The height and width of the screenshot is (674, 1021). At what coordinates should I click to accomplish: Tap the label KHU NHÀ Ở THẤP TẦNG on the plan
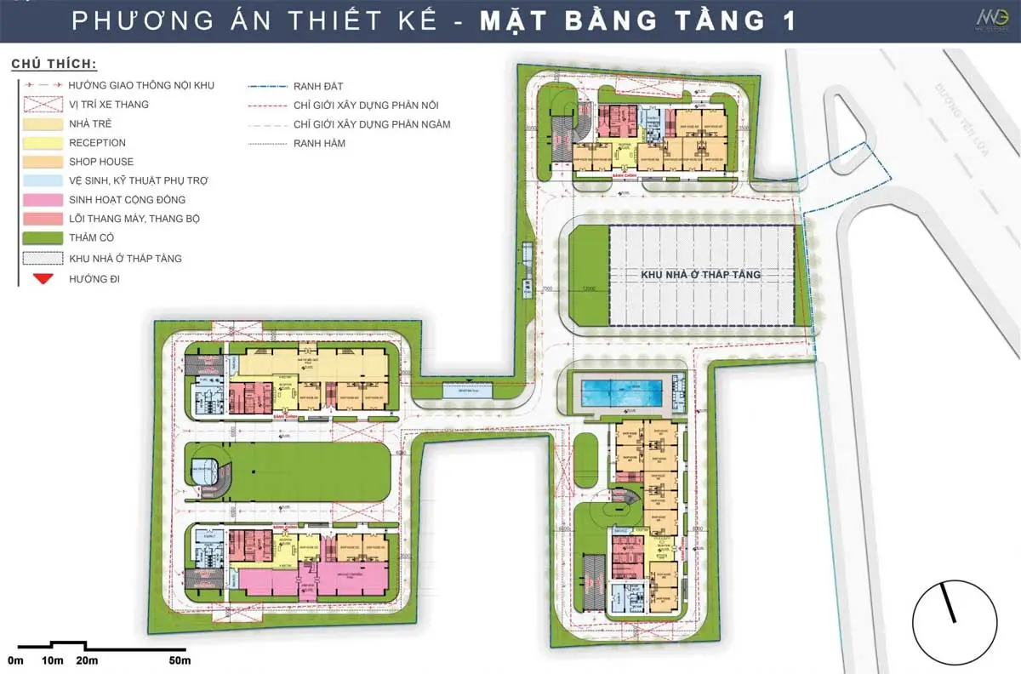[700, 276]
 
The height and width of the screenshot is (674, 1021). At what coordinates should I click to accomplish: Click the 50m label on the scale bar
[179, 660]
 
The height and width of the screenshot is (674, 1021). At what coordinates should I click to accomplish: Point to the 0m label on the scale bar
[16, 660]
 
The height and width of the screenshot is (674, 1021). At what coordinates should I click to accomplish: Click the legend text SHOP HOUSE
[101, 162]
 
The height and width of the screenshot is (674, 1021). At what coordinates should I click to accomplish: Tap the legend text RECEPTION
[97, 143]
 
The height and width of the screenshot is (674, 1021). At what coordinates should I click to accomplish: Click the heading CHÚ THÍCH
[53, 65]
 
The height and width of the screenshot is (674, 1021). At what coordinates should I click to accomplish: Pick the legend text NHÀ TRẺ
[91, 123]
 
